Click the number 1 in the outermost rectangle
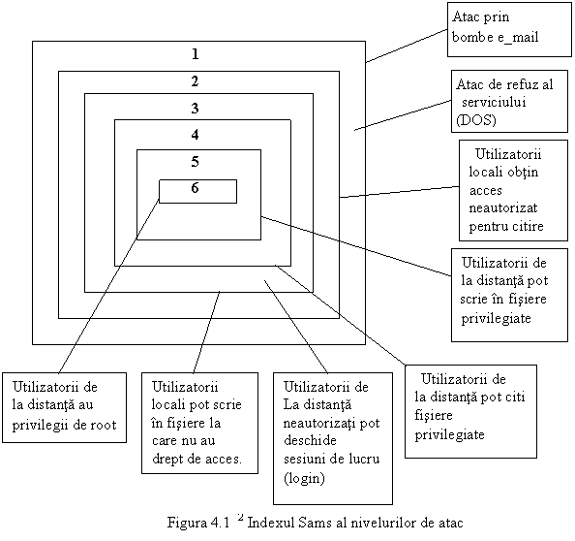point(196,54)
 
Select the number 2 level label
point(196,81)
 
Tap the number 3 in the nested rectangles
point(196,108)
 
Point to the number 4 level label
point(196,135)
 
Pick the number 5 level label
point(196,162)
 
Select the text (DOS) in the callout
point(475,120)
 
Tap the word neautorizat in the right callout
point(503,207)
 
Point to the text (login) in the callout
point(304,478)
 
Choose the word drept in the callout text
point(166,460)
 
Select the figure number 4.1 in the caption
point(220,523)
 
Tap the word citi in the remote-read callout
point(514,398)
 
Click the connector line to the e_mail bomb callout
point(407,46)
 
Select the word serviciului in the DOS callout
point(494,102)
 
